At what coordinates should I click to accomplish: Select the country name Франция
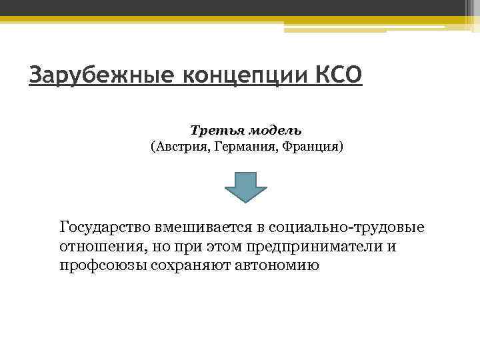pyautogui.click(x=314, y=145)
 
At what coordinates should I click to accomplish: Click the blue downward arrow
pyautogui.click(x=245, y=186)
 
